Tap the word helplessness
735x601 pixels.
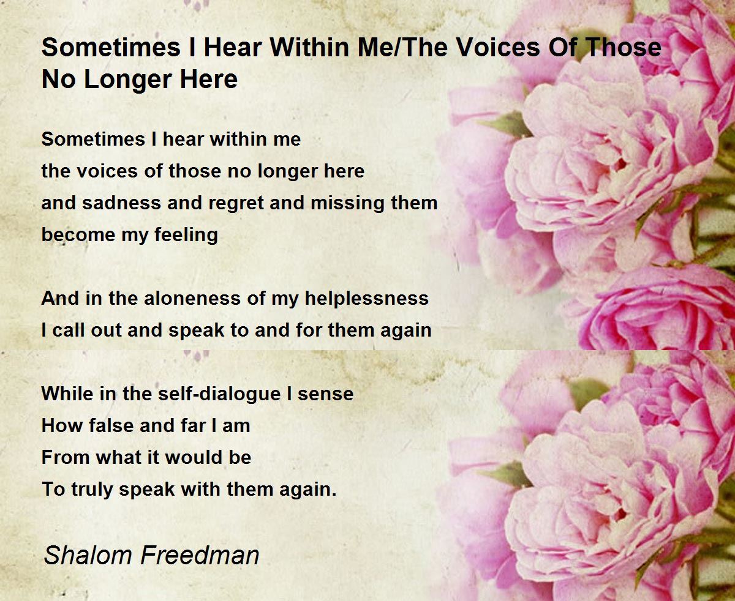(365, 299)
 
